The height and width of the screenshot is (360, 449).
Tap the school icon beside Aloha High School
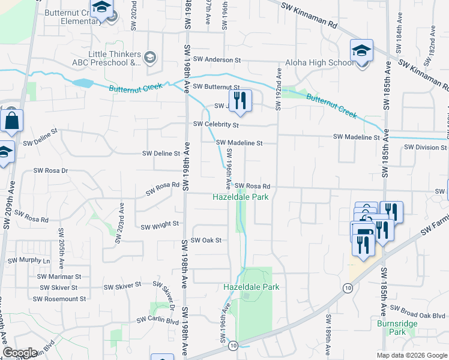[x=362, y=50]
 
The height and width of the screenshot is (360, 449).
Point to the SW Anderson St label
[x=217, y=60]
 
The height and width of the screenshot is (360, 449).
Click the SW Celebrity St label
[x=216, y=125]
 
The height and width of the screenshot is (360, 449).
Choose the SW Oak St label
[x=206, y=241]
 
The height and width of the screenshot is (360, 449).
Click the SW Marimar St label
[x=59, y=277]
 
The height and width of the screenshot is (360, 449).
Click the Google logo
[x=20, y=353]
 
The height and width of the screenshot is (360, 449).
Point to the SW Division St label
[x=425, y=147]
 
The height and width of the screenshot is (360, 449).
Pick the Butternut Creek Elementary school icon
[x=101, y=8]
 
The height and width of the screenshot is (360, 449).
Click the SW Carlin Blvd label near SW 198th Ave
[x=158, y=320]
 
